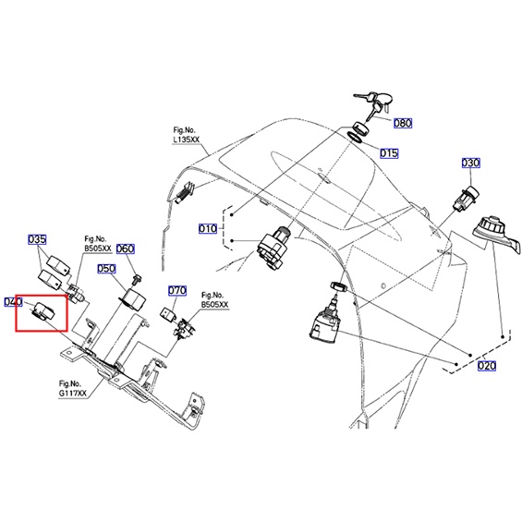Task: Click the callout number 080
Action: coord(403,123)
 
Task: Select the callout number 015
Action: coord(389,153)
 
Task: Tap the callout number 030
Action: coord(471,163)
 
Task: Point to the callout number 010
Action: coord(207,229)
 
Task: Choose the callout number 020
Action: coord(487,366)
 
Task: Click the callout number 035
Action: coord(37,239)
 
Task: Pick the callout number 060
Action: coord(125,249)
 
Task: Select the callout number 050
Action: coord(106,269)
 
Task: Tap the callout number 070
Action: coord(177,291)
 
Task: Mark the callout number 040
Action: coord(13,302)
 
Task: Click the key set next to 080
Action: coord(374,104)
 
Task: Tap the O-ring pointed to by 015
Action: coord(355,137)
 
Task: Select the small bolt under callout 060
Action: coord(137,279)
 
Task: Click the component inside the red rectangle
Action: coord(42,311)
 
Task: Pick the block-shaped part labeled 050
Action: coord(133,298)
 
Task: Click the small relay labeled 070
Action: coord(167,313)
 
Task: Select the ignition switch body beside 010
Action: coord(273,247)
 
